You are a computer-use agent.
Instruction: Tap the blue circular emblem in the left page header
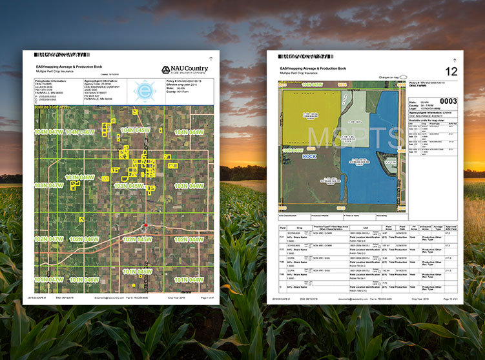[x=144, y=91]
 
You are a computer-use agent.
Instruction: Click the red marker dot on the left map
[x=146, y=225]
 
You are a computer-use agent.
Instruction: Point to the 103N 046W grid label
[x=80, y=177]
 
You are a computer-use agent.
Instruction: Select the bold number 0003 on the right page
[x=448, y=101]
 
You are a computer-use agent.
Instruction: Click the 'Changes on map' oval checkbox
[x=404, y=76]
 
